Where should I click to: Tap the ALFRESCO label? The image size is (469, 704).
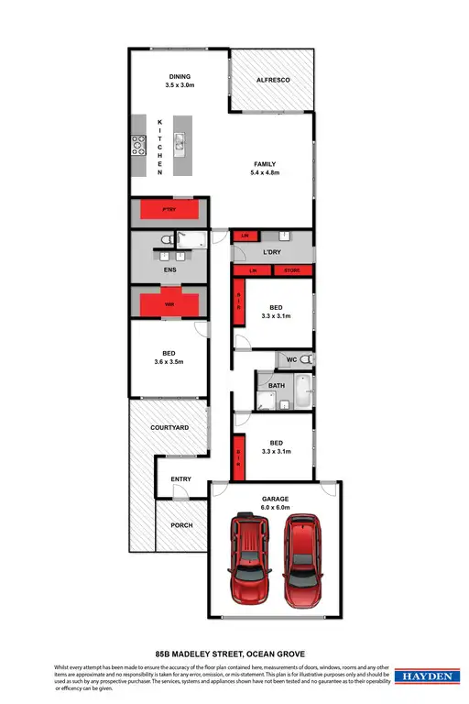tap(273, 82)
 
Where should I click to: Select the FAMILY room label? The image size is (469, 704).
tap(265, 164)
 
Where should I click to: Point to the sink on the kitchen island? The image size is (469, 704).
tap(180, 142)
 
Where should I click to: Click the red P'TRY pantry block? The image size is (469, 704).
tap(169, 210)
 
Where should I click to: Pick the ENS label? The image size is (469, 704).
tap(169, 270)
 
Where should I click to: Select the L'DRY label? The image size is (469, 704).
tap(271, 252)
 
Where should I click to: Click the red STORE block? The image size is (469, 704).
tap(292, 271)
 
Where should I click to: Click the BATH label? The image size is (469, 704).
tap(277, 385)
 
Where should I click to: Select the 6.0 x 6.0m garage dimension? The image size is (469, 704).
tap(274, 507)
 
